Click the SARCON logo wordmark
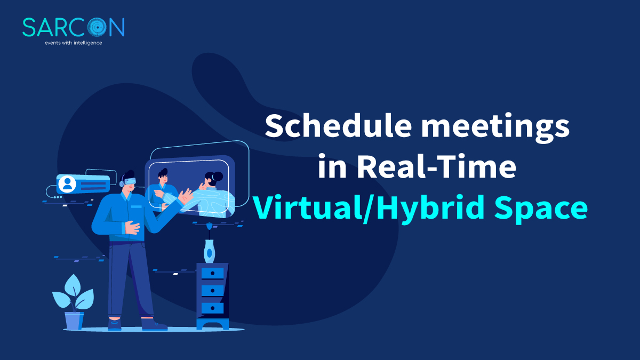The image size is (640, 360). (x=73, y=27)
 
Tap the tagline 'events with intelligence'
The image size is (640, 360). (x=73, y=43)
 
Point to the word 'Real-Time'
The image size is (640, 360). (x=437, y=167)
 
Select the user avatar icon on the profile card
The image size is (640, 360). (x=67, y=184)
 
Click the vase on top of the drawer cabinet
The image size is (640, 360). (x=210, y=251)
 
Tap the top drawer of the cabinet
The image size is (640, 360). (x=212, y=273)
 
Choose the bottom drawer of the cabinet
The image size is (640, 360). (x=212, y=308)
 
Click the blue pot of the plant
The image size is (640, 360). (x=74, y=321)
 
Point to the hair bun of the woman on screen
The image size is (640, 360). (x=218, y=176)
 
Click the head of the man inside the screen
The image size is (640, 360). (x=162, y=174)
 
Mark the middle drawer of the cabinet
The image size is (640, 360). (x=212, y=291)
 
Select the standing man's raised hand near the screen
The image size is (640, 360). (x=186, y=198)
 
